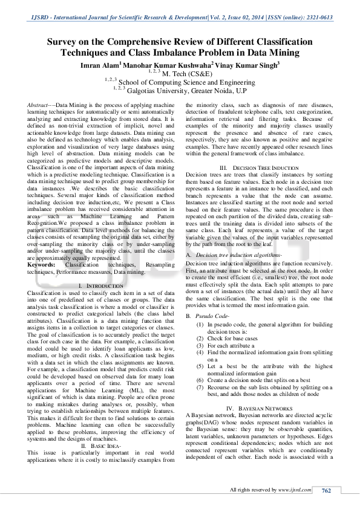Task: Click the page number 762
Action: [x=326, y=490]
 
